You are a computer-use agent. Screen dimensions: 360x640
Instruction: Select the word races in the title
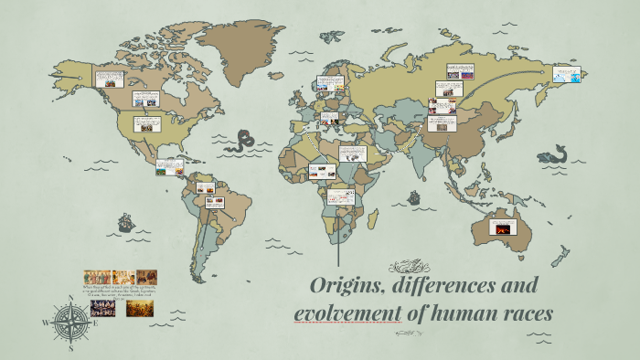(523, 313)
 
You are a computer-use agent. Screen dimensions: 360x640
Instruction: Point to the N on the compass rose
(71, 296)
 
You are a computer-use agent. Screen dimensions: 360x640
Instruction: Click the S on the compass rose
(71, 348)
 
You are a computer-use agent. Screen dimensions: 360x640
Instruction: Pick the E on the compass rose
(98, 323)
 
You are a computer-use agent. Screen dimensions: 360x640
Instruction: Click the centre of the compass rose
(71, 323)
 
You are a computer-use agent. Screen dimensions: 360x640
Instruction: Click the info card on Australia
(503, 227)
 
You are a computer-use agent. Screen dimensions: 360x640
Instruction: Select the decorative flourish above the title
(405, 267)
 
